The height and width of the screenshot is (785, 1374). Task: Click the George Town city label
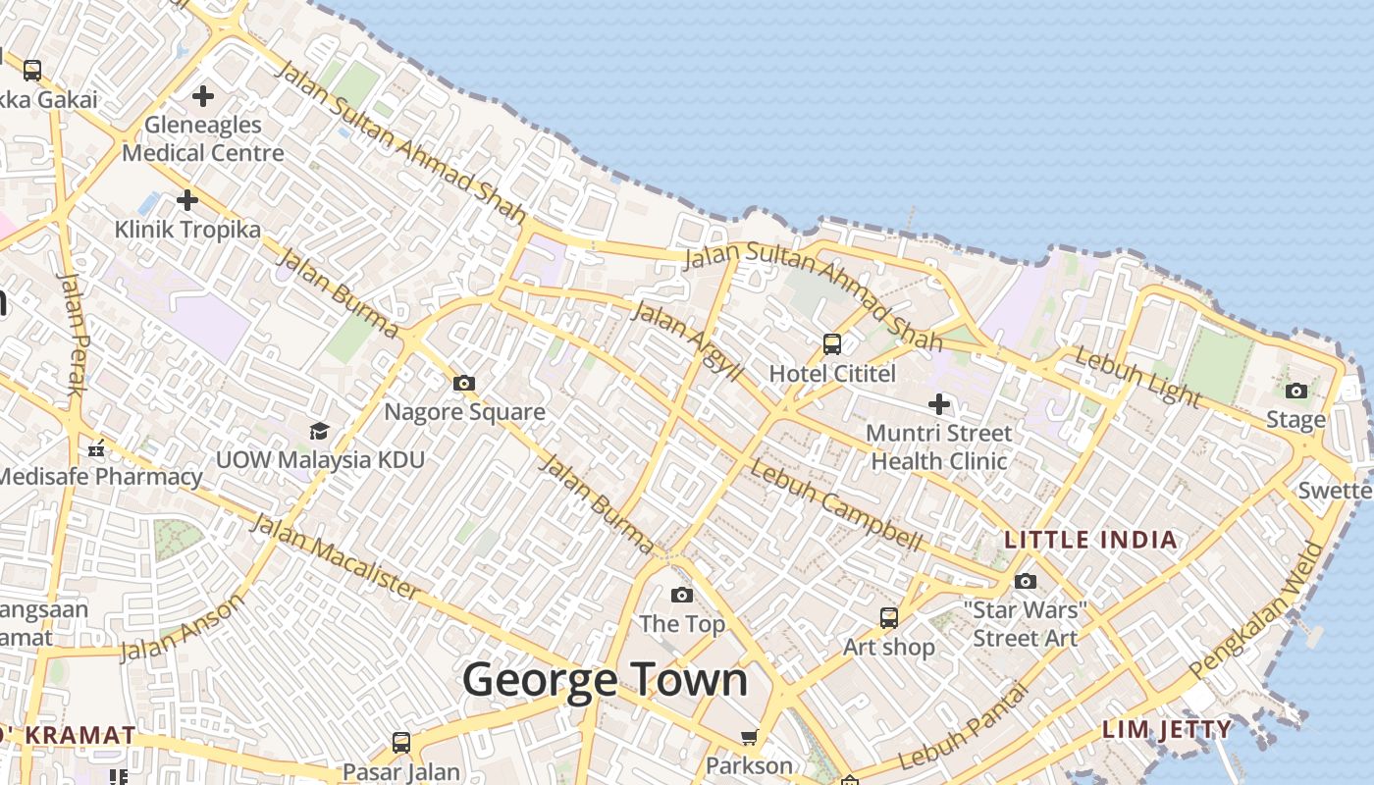(x=605, y=680)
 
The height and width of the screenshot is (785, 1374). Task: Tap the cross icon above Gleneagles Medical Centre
(x=203, y=96)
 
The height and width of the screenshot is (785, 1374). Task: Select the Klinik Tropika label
(x=187, y=230)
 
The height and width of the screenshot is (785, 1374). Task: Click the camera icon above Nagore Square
(x=464, y=384)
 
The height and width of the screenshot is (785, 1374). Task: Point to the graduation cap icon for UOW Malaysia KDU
(x=319, y=432)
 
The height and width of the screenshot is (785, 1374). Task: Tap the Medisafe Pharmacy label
(x=100, y=478)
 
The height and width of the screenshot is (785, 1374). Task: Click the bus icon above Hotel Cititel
(x=832, y=344)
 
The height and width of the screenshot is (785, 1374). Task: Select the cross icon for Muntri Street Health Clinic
(x=939, y=403)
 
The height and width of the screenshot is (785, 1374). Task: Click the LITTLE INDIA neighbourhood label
(x=1090, y=540)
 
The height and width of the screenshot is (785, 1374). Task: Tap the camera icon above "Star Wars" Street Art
(x=1026, y=582)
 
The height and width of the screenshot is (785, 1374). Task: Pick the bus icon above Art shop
(x=889, y=618)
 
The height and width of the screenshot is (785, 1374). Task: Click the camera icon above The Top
(x=682, y=596)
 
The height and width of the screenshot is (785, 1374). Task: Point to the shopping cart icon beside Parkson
(x=750, y=737)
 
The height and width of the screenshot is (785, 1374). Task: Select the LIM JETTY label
(x=1166, y=729)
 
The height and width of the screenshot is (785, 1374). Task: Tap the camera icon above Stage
(x=1296, y=392)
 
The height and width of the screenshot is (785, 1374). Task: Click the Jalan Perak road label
(x=72, y=334)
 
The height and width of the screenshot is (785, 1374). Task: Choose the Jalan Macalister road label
(x=336, y=555)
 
